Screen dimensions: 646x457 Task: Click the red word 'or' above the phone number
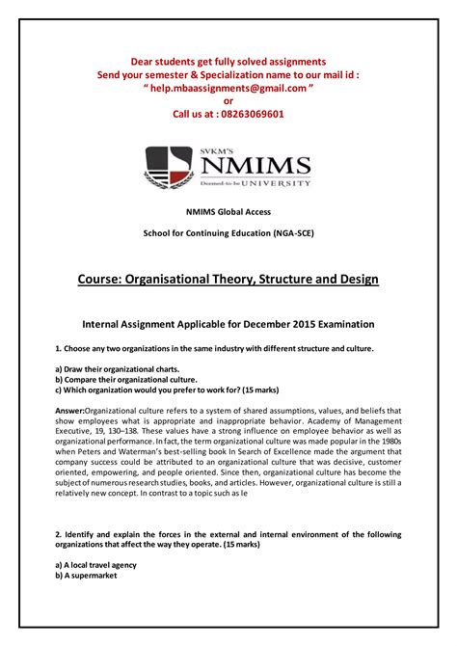(228, 100)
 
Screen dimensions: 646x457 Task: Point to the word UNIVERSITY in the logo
(277, 182)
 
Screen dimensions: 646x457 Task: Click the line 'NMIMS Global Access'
(228, 211)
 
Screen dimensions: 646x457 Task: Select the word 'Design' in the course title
(349, 280)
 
